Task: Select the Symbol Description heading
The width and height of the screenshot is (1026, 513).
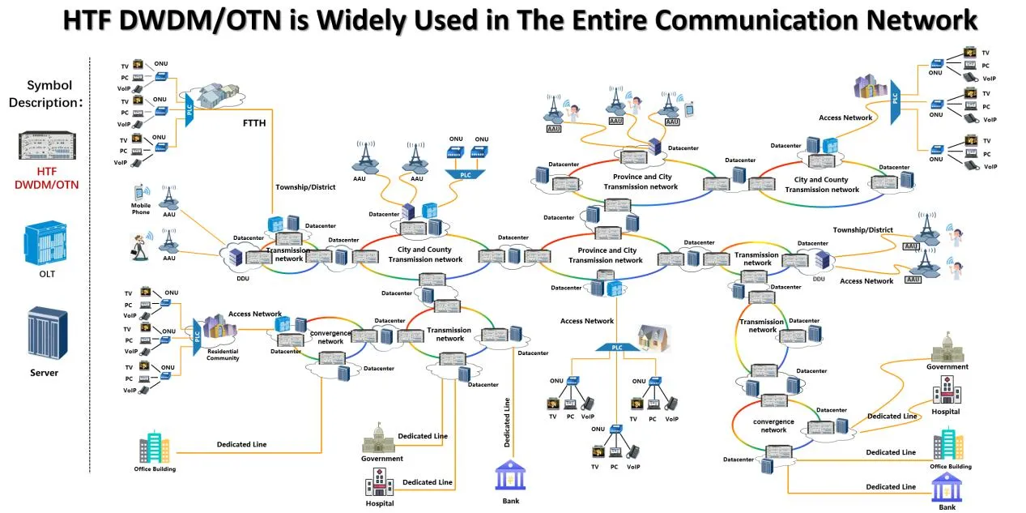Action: (x=49, y=94)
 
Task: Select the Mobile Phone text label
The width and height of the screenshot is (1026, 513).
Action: (x=141, y=209)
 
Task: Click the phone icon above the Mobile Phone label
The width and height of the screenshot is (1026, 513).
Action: (x=140, y=192)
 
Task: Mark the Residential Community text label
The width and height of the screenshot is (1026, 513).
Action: (x=223, y=354)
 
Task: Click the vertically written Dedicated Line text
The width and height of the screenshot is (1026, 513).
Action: (x=507, y=422)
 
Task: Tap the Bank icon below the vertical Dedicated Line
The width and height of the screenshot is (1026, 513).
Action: (x=510, y=476)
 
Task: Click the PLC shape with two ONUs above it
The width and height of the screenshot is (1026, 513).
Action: (x=465, y=173)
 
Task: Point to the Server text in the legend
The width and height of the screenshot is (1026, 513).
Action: (x=45, y=373)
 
